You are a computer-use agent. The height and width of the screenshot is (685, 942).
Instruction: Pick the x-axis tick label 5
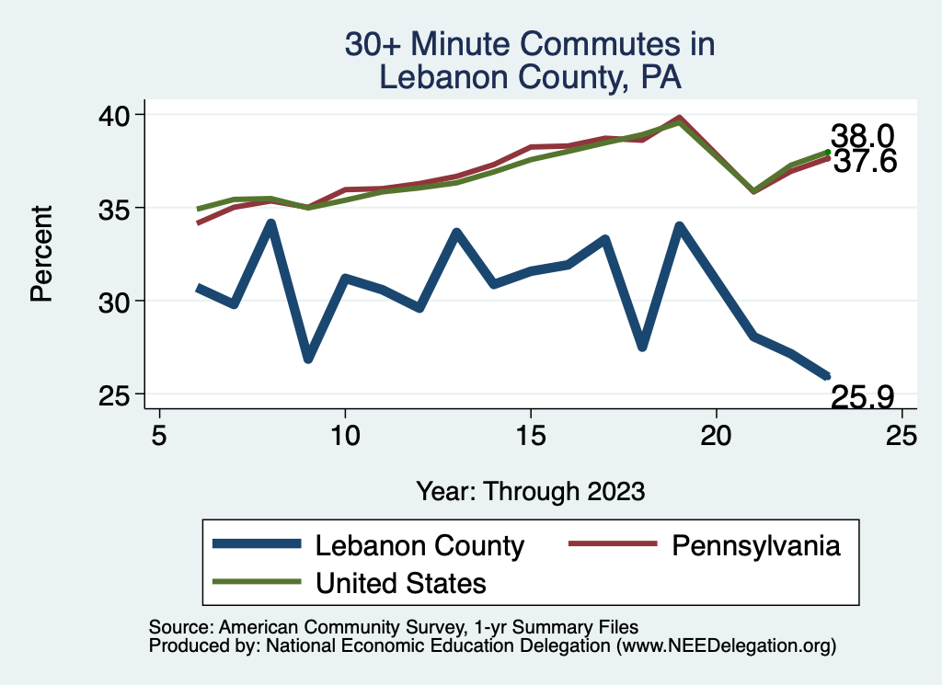pyautogui.click(x=159, y=436)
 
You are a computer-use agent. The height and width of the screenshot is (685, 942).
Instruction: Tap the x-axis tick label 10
pyautogui.click(x=345, y=436)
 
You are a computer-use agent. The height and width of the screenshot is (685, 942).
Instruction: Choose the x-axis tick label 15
pyautogui.click(x=531, y=436)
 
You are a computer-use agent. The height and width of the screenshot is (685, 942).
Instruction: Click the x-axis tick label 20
pyautogui.click(x=716, y=436)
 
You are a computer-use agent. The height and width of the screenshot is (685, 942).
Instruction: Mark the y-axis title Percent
pyautogui.click(x=40, y=254)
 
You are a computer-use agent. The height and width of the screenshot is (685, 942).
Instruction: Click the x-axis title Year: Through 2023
pyautogui.click(x=530, y=491)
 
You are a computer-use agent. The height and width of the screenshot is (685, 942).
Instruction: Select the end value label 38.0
pyautogui.click(x=862, y=136)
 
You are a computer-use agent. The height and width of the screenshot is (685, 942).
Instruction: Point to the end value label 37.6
pyautogui.click(x=862, y=162)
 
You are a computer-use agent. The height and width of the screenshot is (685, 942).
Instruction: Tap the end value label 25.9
pyautogui.click(x=862, y=397)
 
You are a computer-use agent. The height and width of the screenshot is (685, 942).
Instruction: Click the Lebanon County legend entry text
pyautogui.click(x=419, y=546)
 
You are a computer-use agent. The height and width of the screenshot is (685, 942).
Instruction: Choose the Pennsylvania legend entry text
pyautogui.click(x=756, y=546)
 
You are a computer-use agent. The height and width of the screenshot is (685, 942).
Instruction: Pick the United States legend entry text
pyautogui.click(x=401, y=583)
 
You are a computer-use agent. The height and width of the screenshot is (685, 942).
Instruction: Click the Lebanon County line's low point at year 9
pyautogui.click(x=308, y=359)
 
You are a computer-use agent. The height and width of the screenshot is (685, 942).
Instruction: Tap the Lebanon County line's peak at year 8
pyautogui.click(x=271, y=223)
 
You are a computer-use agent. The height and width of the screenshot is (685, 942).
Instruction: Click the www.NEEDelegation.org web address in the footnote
pyautogui.click(x=727, y=646)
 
